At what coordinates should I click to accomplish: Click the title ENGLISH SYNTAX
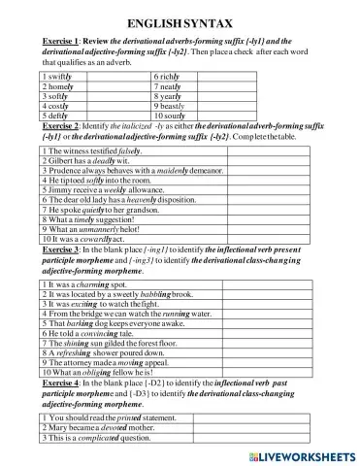pos(180,19)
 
